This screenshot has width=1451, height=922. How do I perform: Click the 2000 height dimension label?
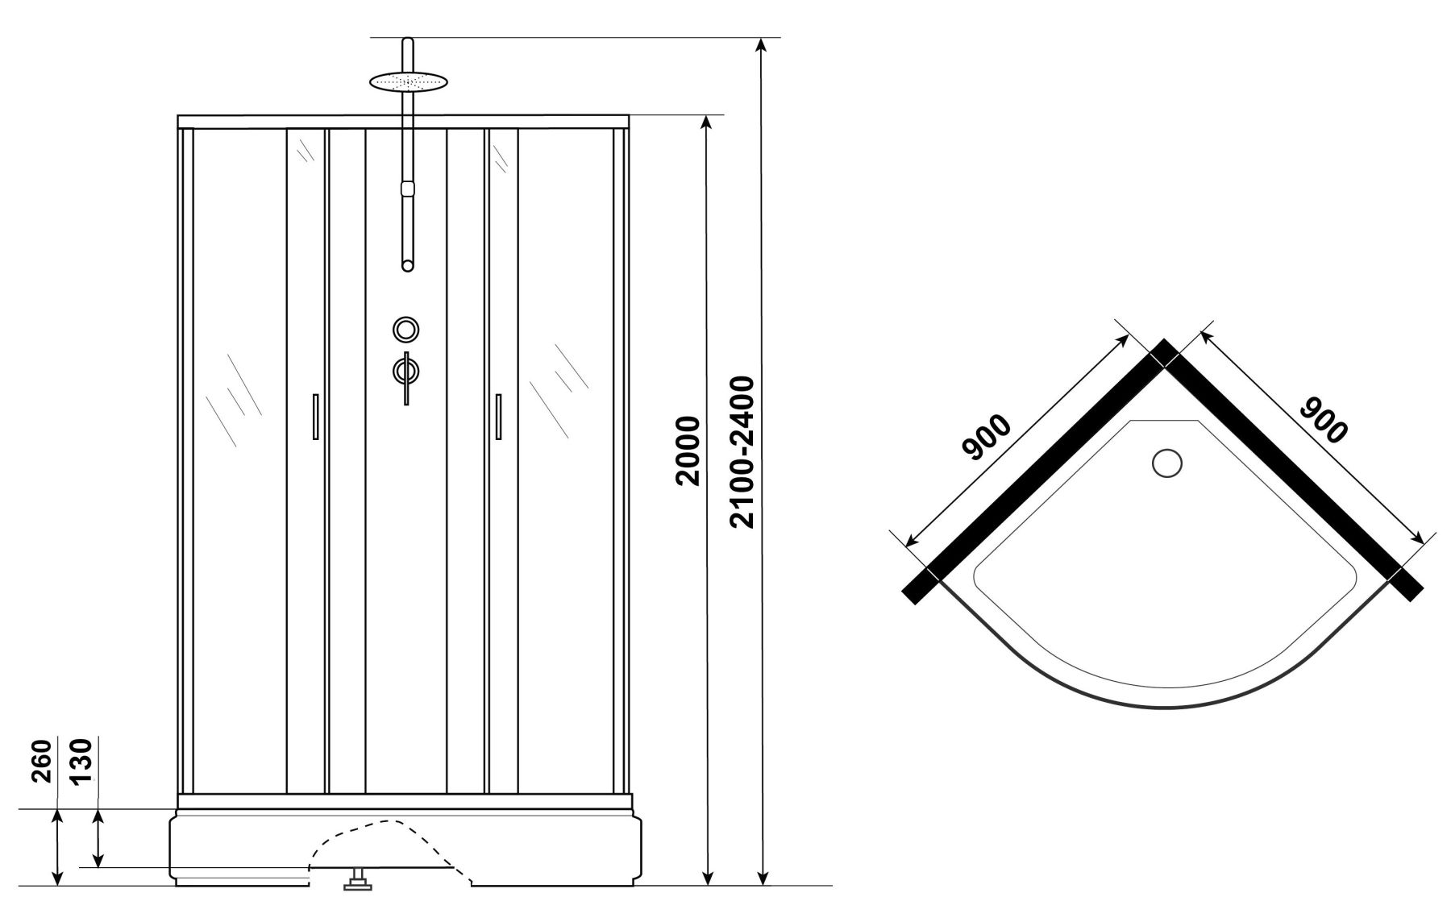click(x=687, y=451)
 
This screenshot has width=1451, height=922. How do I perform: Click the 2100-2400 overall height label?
click(x=741, y=452)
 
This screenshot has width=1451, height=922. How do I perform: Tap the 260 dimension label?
click(x=43, y=761)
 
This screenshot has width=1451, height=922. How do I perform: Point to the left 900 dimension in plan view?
click(x=986, y=438)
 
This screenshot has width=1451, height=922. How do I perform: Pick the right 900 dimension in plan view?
click(x=1324, y=419)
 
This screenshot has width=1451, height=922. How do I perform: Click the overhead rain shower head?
click(x=408, y=81)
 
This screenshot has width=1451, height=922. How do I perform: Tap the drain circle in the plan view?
click(x=1166, y=463)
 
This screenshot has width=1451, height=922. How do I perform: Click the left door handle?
click(x=316, y=417)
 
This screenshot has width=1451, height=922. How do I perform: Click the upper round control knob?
click(x=406, y=329)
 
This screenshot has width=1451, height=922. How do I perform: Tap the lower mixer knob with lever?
click(x=406, y=373)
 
